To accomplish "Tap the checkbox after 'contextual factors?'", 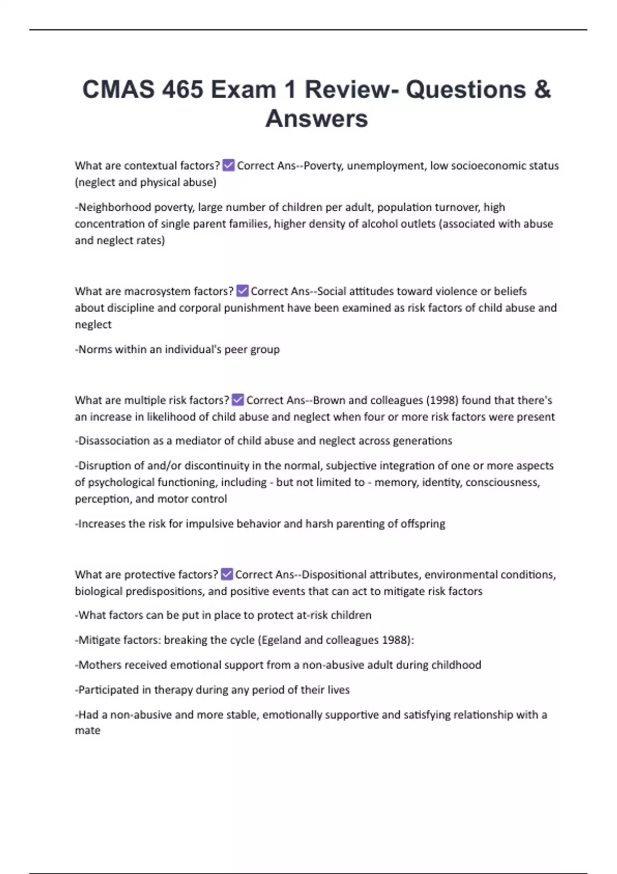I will [228, 165].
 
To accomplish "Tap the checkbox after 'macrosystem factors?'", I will [242, 291].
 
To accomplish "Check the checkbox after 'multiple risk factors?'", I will [238, 399].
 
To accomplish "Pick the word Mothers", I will [97, 665].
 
